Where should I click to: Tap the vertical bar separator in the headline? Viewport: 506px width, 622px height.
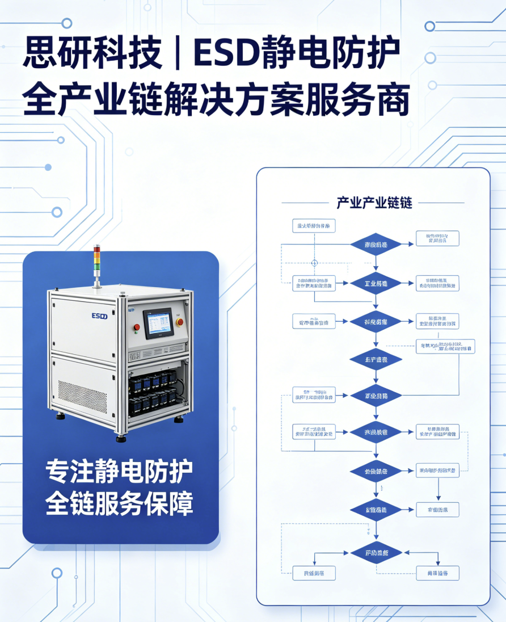click(178, 54)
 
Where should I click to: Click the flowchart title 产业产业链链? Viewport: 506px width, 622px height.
click(374, 203)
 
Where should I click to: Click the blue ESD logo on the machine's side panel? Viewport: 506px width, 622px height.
click(100, 316)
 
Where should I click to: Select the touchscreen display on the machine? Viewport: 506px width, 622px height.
click(158, 323)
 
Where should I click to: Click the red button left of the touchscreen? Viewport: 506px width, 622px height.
click(136, 327)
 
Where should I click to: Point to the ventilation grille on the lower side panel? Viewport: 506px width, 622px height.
click(82, 394)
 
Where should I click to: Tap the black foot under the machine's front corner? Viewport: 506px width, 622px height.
click(121, 439)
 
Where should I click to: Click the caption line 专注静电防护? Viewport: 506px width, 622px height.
click(120, 470)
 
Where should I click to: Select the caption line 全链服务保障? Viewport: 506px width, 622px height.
click(120, 502)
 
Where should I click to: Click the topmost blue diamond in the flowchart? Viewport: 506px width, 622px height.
click(376, 245)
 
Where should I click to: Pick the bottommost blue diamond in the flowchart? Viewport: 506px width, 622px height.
click(376, 552)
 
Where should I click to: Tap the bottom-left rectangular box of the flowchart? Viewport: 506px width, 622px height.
click(314, 573)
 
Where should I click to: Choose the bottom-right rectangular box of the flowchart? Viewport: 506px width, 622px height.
click(437, 573)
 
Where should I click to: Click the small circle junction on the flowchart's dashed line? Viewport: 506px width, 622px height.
click(313, 263)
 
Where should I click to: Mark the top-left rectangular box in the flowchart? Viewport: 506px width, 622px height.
click(314, 226)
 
